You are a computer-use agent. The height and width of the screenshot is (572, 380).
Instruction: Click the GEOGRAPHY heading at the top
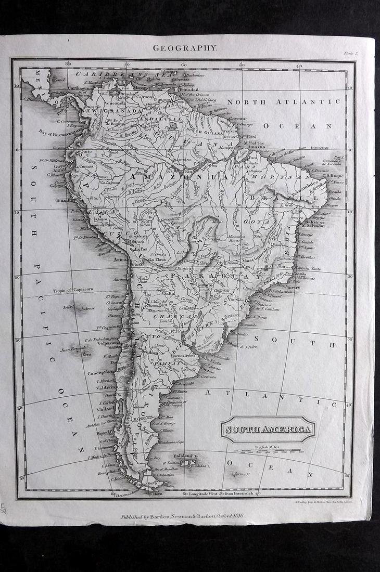(184, 48)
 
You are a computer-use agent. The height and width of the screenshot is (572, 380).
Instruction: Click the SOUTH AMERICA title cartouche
(268, 430)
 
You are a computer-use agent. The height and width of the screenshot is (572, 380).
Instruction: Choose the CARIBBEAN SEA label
(109, 74)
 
